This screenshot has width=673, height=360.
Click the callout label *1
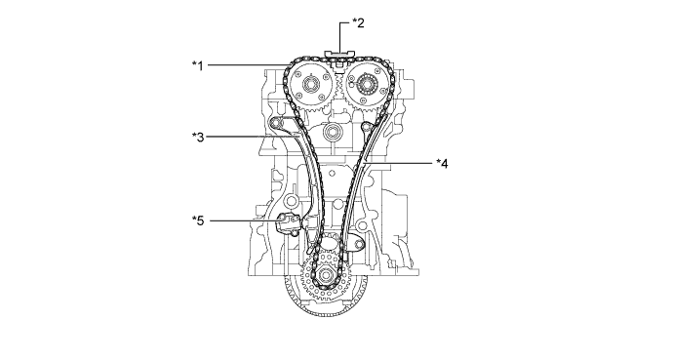pos(197,65)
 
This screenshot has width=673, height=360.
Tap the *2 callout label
pos(358,22)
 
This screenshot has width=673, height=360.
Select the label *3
pos(198,138)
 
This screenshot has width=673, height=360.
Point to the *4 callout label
pos(442,164)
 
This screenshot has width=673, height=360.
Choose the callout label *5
pos(198,220)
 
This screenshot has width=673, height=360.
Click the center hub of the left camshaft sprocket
pos(310,85)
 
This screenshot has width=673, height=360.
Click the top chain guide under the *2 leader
pos(340,54)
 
